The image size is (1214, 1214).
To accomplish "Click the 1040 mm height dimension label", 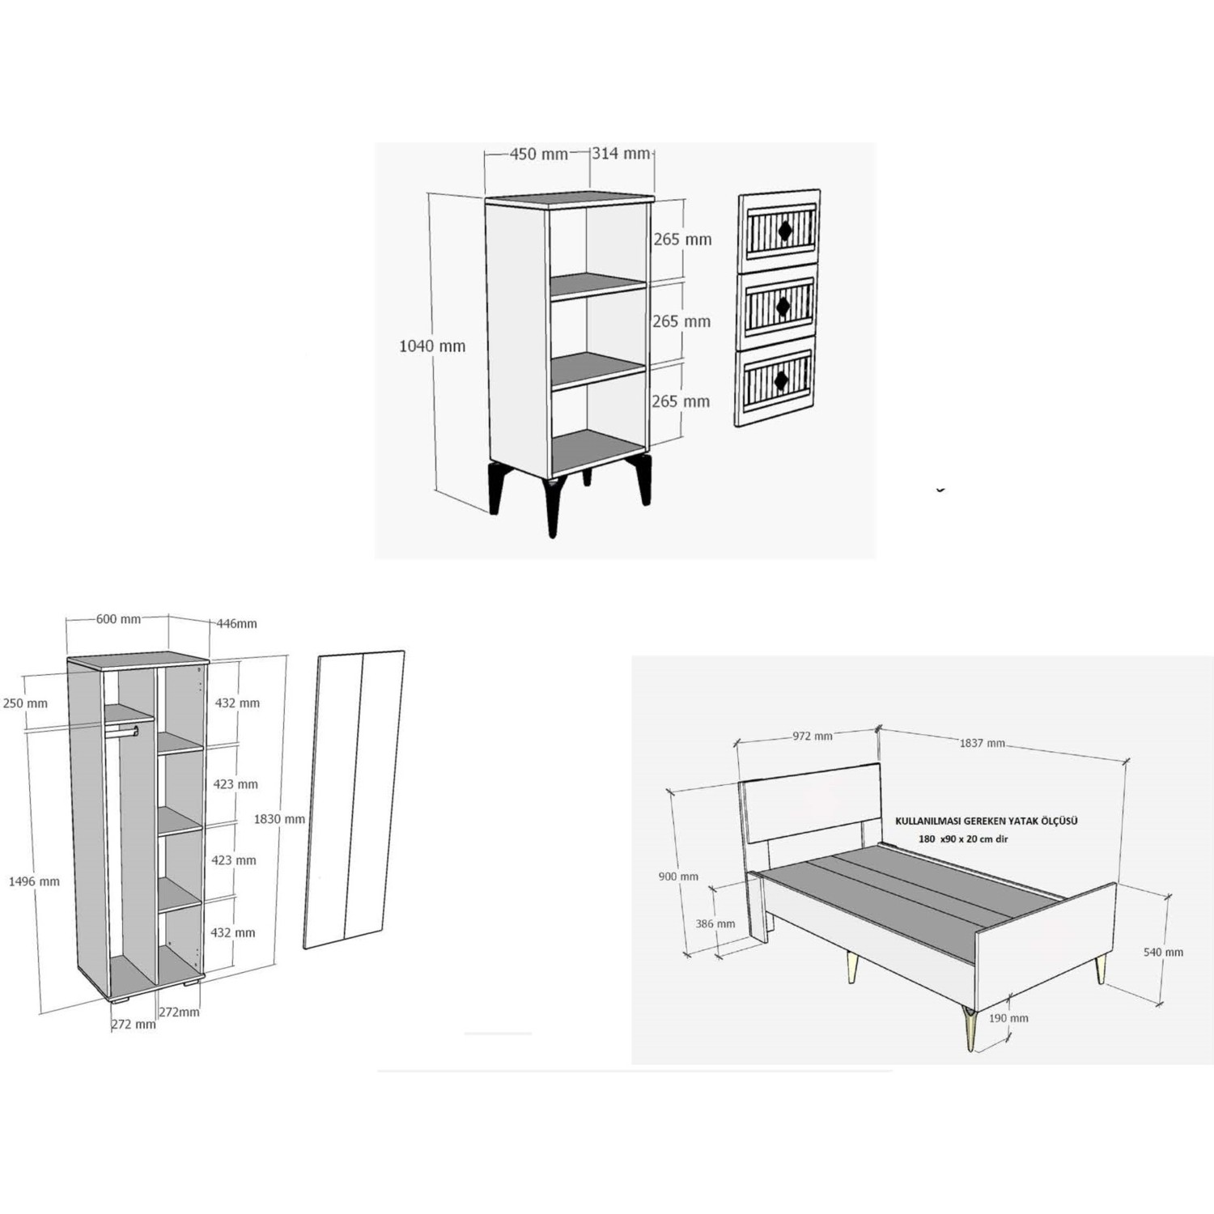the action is coord(432,346).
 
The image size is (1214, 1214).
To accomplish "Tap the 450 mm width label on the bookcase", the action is coord(539,154).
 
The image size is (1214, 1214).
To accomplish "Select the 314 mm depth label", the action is coord(621,153).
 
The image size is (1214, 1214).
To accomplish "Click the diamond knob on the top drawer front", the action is coord(784,231).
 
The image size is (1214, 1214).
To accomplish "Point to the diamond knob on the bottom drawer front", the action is coord(782,380).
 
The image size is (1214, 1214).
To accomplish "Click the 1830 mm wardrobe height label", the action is coord(279,819).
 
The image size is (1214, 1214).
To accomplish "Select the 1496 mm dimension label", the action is coord(34,881).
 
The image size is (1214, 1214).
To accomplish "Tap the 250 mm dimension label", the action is coord(25,703).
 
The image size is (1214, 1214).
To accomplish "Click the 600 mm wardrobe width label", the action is coord(118,619).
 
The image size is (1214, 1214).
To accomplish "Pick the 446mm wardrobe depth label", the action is coord(237,623).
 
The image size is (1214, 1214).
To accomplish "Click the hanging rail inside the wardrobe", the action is coord(121,732).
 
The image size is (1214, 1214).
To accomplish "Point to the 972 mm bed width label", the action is coord(812,736).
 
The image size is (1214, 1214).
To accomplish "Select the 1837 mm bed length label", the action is coord(983,743).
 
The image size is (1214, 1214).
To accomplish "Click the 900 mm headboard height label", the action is coord(678,877).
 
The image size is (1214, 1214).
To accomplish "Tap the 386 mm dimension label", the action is coord(715,923).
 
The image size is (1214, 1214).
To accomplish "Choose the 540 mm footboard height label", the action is coord(1163,953).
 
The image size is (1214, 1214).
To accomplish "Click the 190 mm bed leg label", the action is coord(1008,1018).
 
